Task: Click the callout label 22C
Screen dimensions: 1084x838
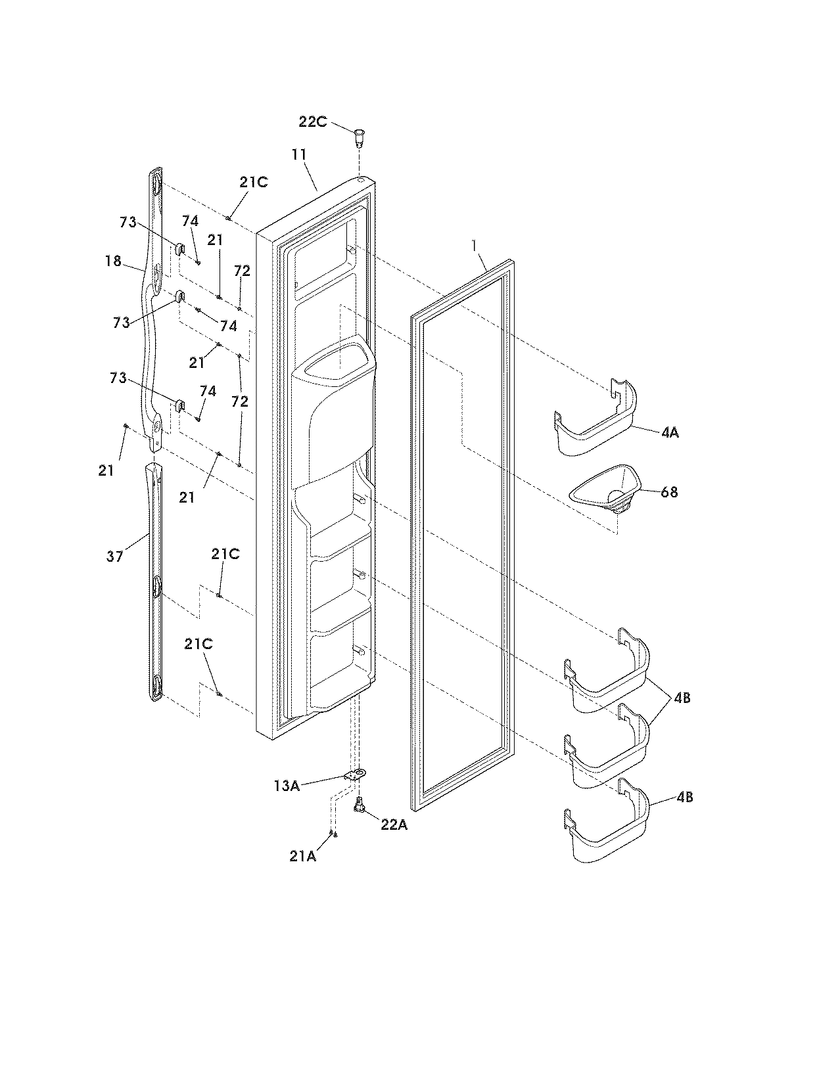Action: (314, 122)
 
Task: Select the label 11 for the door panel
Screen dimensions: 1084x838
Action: (299, 155)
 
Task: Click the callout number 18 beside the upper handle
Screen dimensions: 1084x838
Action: (113, 261)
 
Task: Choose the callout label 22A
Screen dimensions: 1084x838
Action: (394, 825)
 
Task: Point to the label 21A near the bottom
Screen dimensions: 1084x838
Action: (303, 856)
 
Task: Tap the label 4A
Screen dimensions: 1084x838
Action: (670, 433)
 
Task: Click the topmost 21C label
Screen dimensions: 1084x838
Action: (253, 183)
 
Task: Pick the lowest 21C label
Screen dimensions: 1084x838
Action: (198, 644)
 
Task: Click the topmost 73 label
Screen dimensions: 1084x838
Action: (128, 222)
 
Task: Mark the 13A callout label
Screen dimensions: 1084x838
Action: (287, 785)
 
